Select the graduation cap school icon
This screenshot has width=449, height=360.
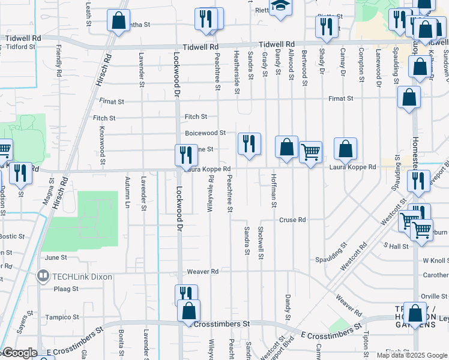(279, 5)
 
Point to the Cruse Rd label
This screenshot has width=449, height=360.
(292, 220)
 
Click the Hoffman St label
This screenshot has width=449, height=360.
(274, 191)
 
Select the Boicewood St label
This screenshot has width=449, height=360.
(205, 133)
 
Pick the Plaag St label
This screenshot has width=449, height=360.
(67, 289)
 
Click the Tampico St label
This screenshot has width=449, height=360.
(64, 317)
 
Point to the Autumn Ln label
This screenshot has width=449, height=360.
(127, 193)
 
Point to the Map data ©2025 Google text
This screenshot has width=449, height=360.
(411, 355)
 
